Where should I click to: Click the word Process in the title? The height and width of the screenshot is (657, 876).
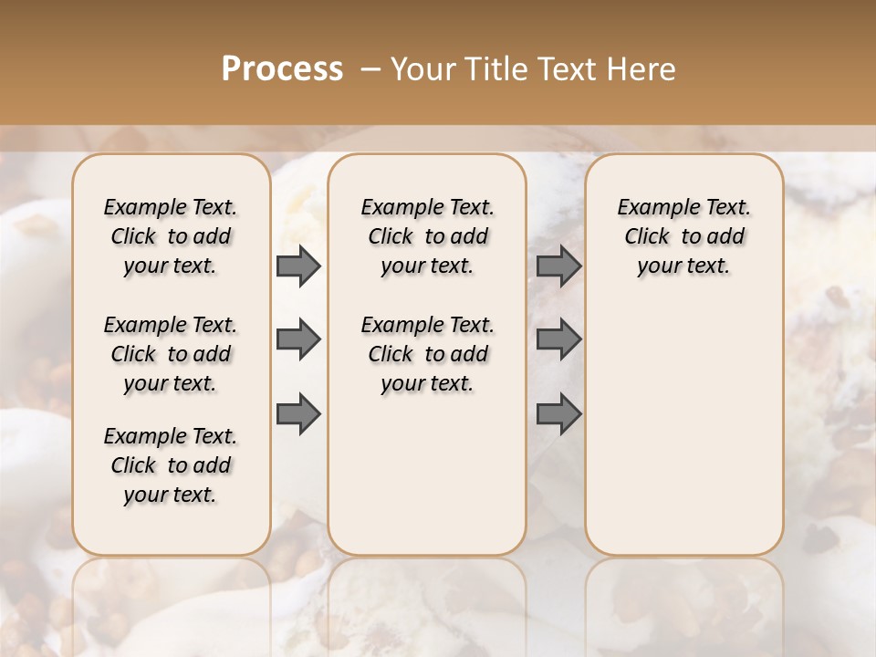tap(282, 69)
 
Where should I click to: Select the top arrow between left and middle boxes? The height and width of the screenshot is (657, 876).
tap(297, 266)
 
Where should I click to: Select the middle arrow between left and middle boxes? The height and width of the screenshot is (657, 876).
tap(297, 339)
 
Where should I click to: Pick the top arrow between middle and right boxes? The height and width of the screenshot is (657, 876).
tap(558, 266)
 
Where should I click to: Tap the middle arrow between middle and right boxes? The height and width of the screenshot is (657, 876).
tap(558, 339)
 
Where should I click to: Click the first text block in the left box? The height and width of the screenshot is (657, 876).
tap(171, 236)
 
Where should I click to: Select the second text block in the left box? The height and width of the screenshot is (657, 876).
tap(171, 354)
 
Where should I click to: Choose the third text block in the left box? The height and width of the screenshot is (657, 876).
tap(171, 465)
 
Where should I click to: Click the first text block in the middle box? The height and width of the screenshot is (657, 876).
tap(427, 236)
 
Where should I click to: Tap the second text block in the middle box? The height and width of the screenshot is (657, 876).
tap(427, 354)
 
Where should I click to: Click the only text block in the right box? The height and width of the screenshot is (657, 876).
tap(683, 236)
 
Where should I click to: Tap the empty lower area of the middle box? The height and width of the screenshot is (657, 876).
tap(427, 474)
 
